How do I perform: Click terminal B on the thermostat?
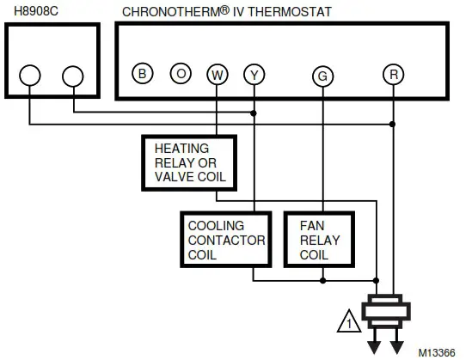click(x=143, y=73)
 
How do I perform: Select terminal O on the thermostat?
click(x=181, y=73)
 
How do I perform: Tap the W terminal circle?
click(x=217, y=74)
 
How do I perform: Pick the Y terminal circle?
click(x=254, y=74)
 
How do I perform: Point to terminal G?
click(x=322, y=76)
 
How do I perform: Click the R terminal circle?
click(x=393, y=74)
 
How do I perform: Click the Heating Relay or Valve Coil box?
click(x=187, y=162)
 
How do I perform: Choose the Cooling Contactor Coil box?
click(x=228, y=240)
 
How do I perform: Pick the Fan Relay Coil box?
click(x=319, y=240)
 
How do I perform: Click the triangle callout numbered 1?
click(x=349, y=323)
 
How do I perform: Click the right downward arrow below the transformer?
click(x=398, y=343)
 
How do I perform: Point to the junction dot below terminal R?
click(x=393, y=125)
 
